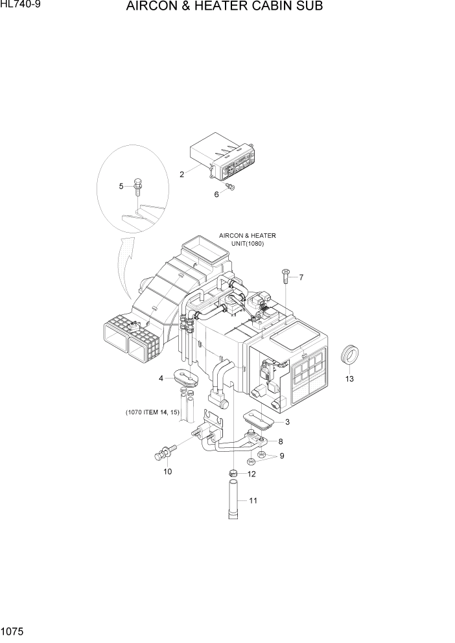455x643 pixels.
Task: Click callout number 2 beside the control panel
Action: pos(182,174)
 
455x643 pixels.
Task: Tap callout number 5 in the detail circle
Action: pos(121,187)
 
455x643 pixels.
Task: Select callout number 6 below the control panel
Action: pos(216,194)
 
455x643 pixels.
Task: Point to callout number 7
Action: pos(301,277)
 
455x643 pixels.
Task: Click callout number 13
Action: pos(349,379)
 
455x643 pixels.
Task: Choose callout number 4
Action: pos(160,379)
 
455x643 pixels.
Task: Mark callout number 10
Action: pos(167,471)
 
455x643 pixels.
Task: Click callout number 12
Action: pos(251,474)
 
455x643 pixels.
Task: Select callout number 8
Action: pos(280,441)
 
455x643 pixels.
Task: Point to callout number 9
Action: pos(281,456)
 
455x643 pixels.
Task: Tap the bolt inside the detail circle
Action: pos(137,186)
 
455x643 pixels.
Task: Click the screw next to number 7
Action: pos(285,277)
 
